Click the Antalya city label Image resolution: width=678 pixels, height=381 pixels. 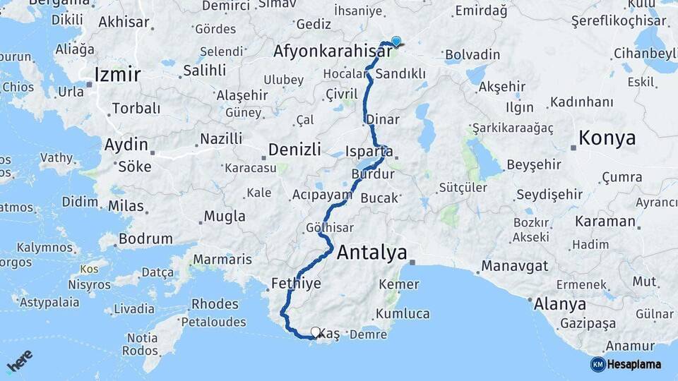(x=372, y=252)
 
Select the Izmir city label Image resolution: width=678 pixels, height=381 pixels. (x=117, y=75)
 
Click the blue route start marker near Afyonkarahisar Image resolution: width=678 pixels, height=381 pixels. (x=396, y=42)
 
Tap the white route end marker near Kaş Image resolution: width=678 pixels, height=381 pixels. (x=315, y=331)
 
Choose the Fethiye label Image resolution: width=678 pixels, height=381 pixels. (x=296, y=284)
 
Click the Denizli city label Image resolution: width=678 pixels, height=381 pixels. (x=295, y=149)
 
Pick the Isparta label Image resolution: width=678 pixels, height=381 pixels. (x=369, y=151)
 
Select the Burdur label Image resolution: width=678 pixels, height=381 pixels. (x=369, y=173)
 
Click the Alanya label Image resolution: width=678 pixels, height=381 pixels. (x=560, y=305)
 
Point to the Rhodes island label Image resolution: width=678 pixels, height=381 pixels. (x=215, y=304)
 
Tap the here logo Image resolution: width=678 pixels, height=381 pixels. (x=19, y=361)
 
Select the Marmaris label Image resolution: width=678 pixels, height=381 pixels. (x=222, y=260)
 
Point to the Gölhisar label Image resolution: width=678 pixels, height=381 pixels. (x=330, y=228)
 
